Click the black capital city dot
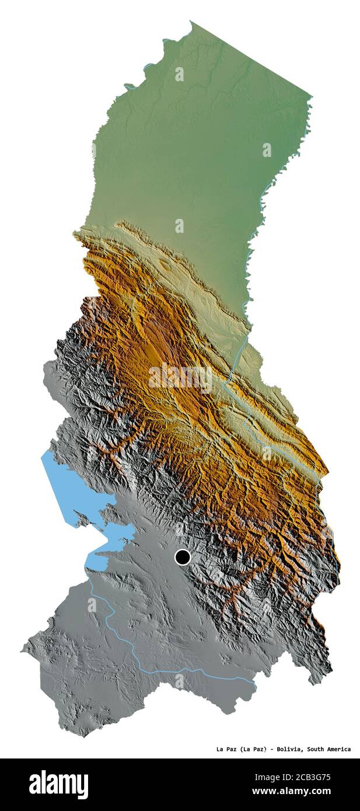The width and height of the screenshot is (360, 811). click(x=183, y=557)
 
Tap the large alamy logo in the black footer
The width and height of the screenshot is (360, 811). click(x=58, y=785)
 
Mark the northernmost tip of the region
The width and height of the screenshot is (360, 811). click(x=191, y=22)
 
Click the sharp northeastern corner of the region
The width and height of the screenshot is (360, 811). click(x=312, y=96)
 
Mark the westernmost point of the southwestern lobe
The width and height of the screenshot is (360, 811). click(x=23, y=649)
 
